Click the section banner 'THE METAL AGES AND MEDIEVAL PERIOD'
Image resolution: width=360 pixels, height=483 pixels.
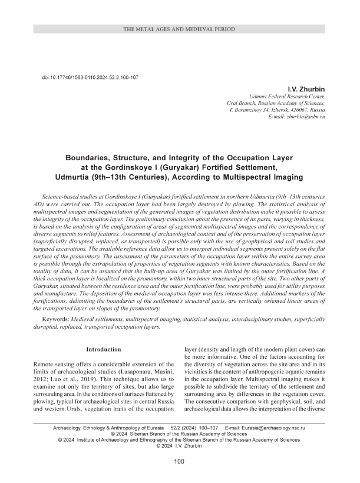(x=180, y=29)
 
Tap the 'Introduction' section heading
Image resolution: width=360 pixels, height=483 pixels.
(x=104, y=349)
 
